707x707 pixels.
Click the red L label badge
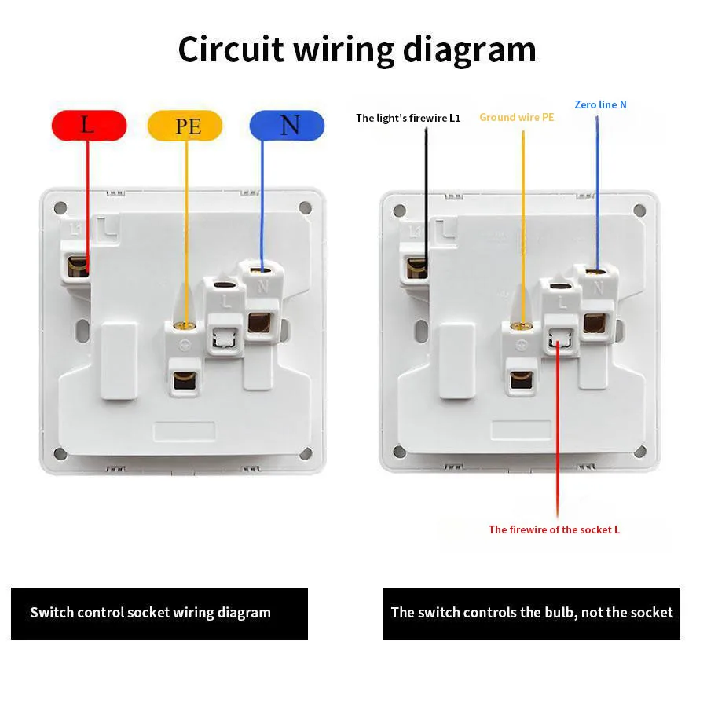(89, 125)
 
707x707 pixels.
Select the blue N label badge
(287, 125)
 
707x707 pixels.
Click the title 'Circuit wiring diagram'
(357, 49)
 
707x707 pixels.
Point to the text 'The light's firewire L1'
(408, 118)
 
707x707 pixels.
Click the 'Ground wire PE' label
(516, 117)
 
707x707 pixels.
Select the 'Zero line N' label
(600, 104)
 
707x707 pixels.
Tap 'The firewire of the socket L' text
(554, 529)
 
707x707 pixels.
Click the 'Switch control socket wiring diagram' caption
(150, 613)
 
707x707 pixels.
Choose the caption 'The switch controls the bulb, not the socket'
(532, 613)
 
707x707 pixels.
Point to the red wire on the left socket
(87, 204)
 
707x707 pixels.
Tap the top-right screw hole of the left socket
(304, 208)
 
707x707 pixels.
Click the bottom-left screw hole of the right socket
(399, 452)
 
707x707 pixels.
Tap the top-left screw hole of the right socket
(399, 211)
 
